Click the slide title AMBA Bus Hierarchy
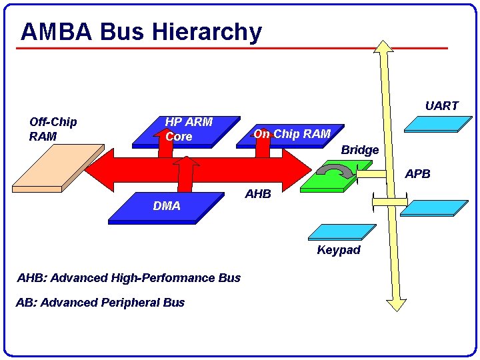coord(141,31)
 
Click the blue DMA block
coord(167,207)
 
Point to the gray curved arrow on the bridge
coord(333,172)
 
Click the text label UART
coord(441,106)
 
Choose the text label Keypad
coord(339,250)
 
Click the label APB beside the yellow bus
coord(418,174)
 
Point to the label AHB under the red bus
coord(258,194)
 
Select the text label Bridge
coord(359,150)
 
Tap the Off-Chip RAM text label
coord(53,129)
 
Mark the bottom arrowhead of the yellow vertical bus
coord(396,304)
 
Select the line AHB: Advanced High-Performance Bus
coord(129,278)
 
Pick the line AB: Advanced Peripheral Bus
coord(100,303)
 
